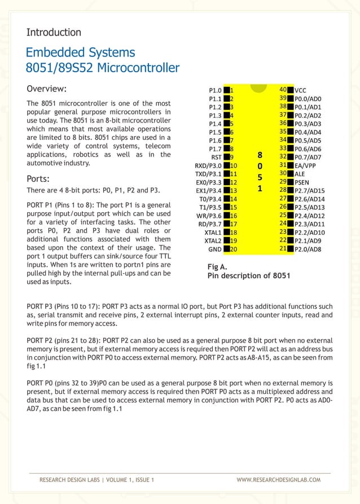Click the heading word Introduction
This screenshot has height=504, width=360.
[x=54, y=32]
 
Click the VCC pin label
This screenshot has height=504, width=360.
[x=301, y=90]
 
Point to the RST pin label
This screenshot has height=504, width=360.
[x=216, y=157]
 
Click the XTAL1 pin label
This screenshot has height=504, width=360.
[x=213, y=232]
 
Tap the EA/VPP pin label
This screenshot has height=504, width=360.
[x=305, y=165]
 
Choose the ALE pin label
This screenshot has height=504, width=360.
[x=300, y=174]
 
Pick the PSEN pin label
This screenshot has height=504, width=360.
[x=302, y=182]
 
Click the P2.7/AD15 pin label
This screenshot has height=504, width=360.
[x=310, y=191]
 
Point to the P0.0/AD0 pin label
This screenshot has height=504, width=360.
[x=308, y=98]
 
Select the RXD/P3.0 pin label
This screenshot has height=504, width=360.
[x=208, y=165]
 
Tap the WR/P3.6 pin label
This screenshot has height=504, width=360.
[x=209, y=216]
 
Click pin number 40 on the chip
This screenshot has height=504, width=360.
[x=284, y=89]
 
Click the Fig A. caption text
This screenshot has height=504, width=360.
[x=217, y=266]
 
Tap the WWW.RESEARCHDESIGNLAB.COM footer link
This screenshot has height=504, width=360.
[x=279, y=480]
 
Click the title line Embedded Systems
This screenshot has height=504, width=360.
[x=81, y=53]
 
